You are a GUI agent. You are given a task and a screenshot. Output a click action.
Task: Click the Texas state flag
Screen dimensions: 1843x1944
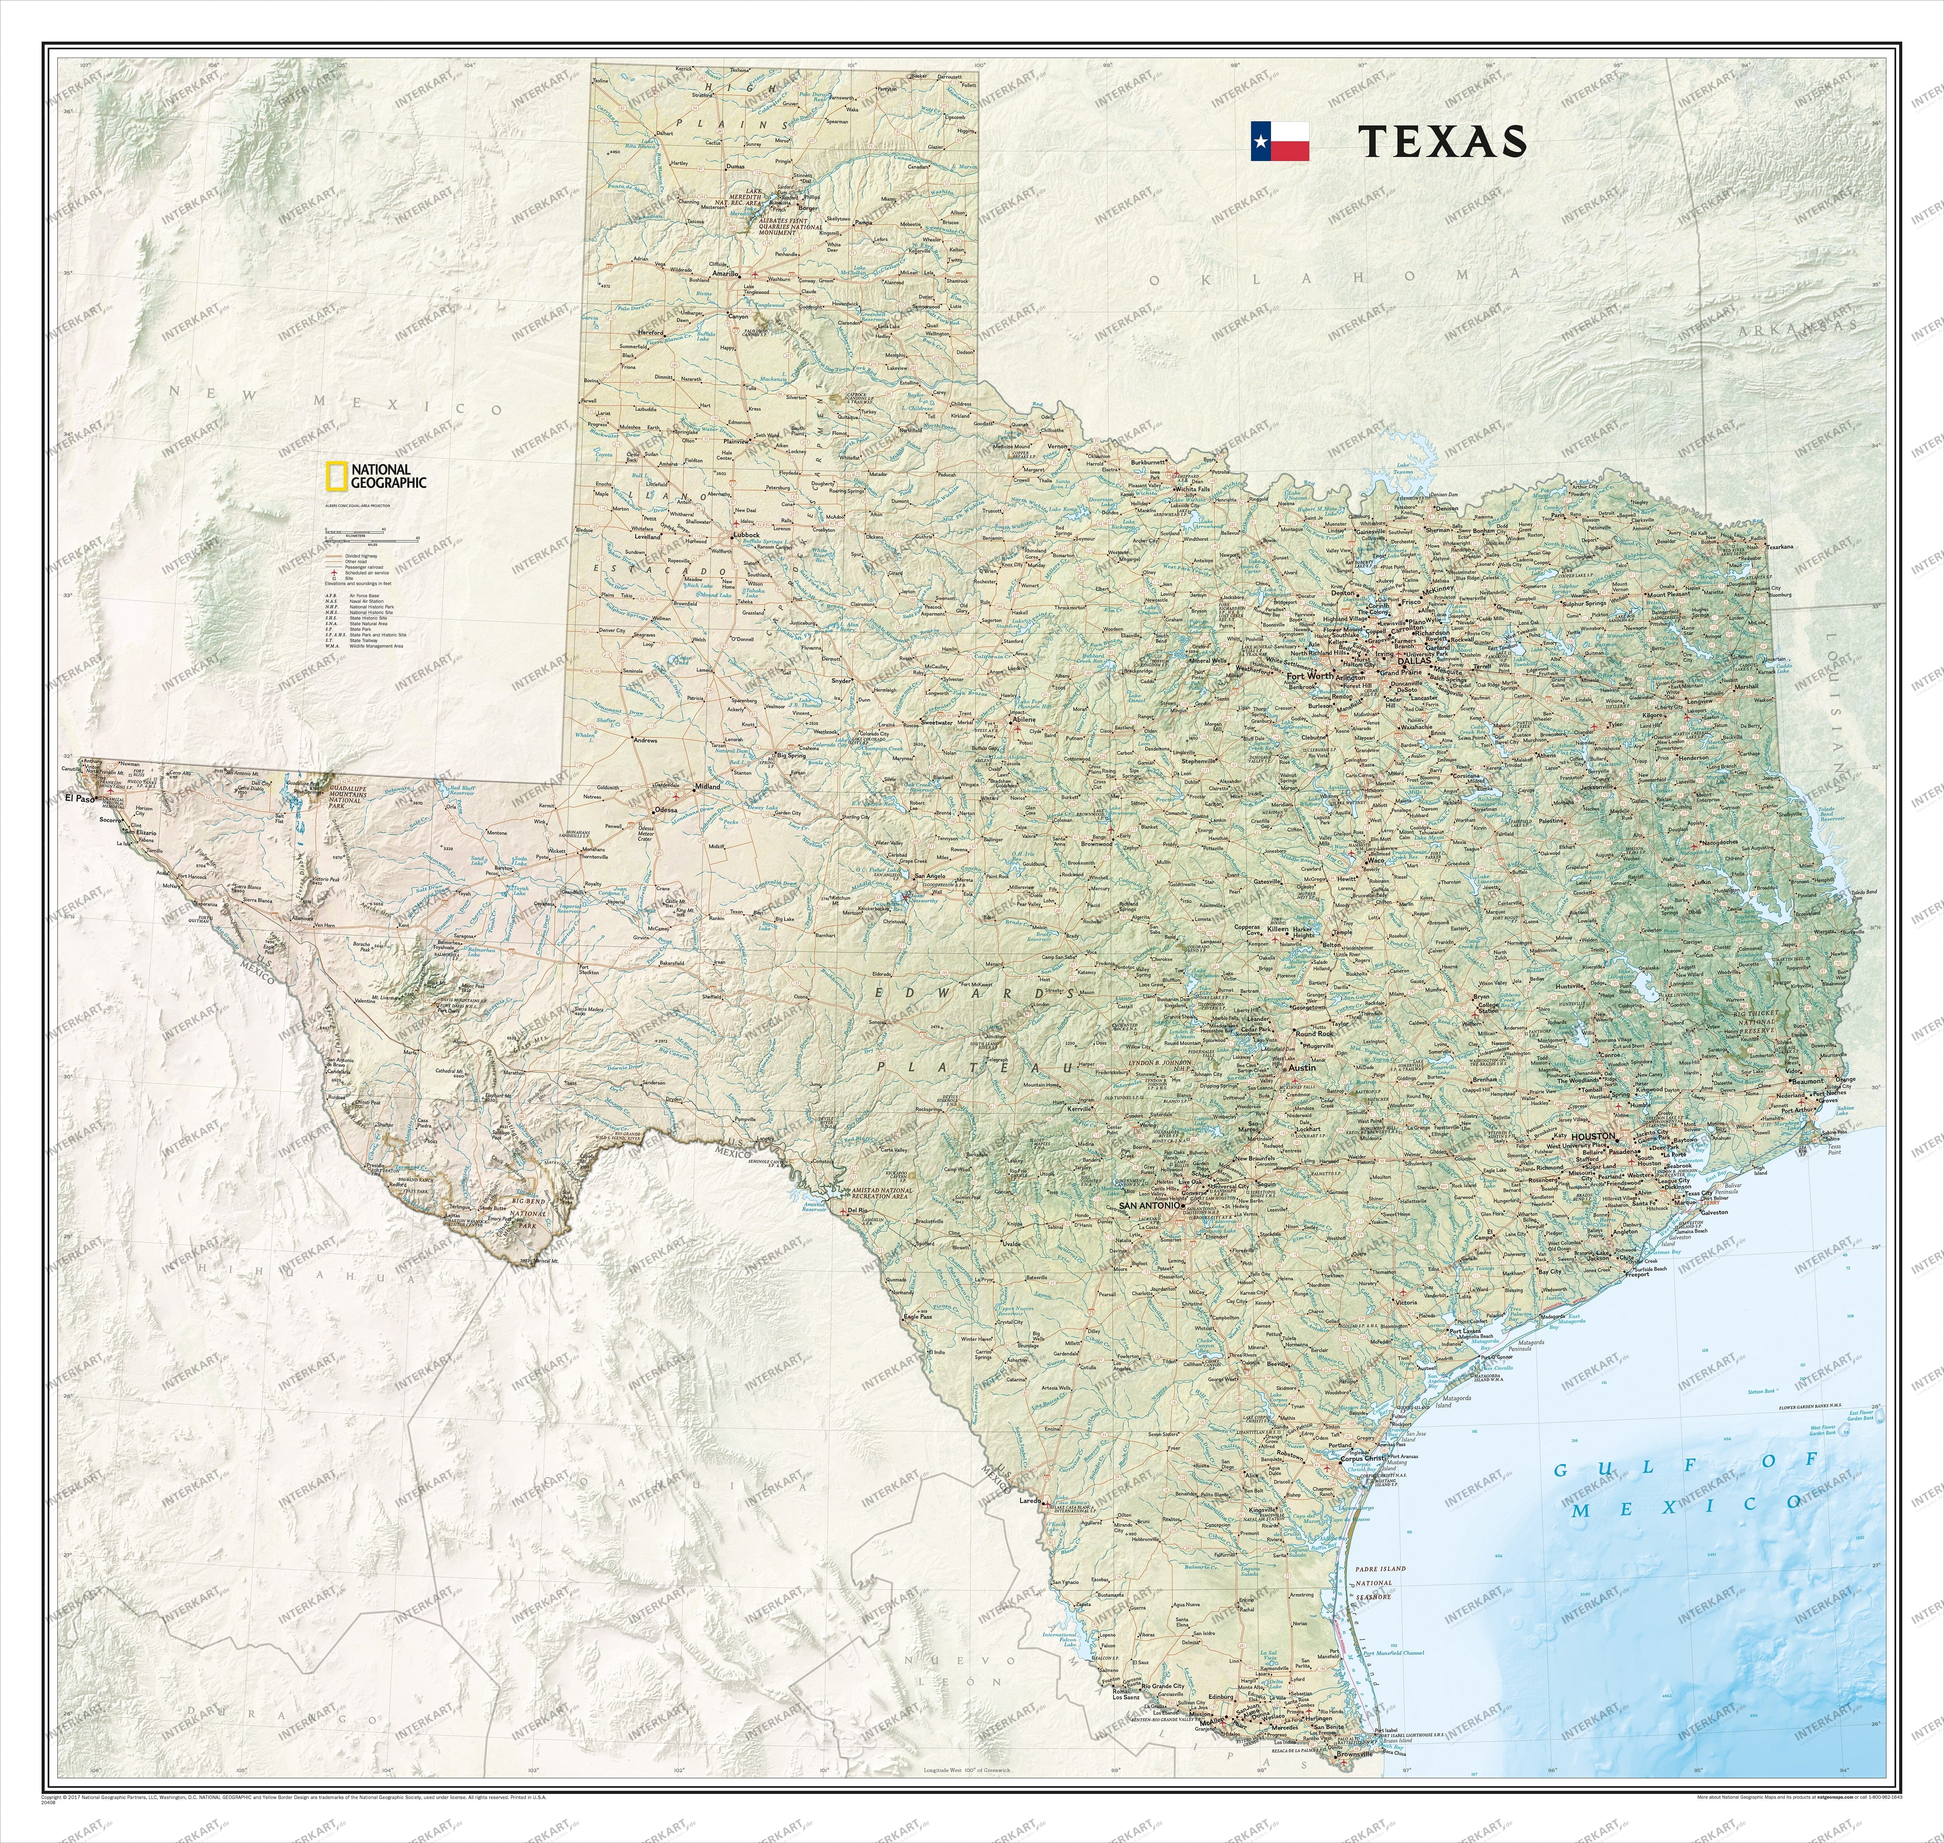pyautogui.click(x=1279, y=142)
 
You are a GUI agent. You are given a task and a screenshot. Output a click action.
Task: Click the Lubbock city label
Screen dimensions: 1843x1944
pyautogui.click(x=746, y=535)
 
